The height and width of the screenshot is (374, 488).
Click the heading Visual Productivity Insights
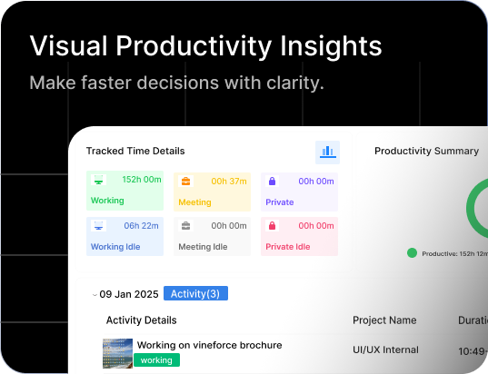click(x=205, y=46)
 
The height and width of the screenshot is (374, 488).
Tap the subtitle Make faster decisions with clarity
click(x=176, y=83)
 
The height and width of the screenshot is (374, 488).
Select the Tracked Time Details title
click(x=134, y=151)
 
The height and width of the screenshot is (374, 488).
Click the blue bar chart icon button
click(x=327, y=152)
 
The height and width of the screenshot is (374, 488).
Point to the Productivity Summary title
click(x=426, y=151)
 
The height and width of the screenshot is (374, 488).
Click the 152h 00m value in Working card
click(x=142, y=181)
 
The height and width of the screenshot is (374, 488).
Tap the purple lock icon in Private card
click(x=271, y=181)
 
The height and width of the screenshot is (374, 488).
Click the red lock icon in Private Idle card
click(x=271, y=225)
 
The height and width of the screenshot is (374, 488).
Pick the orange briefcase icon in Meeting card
click(x=185, y=181)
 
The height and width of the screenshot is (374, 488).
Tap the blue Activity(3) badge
click(x=196, y=293)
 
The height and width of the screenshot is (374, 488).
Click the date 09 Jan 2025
click(x=129, y=293)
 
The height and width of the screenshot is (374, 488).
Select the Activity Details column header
click(x=141, y=320)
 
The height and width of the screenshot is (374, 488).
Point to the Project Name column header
click(x=384, y=320)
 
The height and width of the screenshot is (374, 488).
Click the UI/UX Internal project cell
click(x=385, y=349)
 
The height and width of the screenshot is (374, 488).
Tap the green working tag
click(x=156, y=360)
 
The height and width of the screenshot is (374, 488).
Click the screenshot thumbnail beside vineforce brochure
click(x=117, y=352)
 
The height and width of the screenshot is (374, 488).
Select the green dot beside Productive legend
click(x=412, y=253)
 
